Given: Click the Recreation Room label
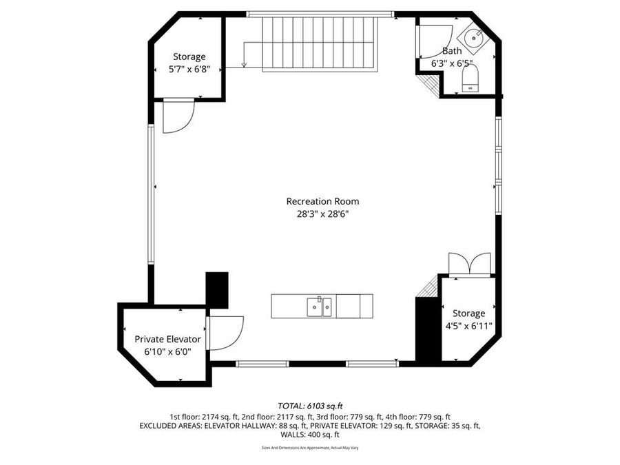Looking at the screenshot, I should click(322, 201).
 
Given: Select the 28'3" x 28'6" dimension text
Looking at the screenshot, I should click(322, 214).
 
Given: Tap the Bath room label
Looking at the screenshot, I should click(452, 51).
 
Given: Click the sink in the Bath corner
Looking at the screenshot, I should click(474, 38).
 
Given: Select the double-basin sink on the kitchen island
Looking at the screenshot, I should click(320, 304).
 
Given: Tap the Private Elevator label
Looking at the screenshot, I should click(167, 339).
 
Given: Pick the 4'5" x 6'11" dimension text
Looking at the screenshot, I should click(468, 326).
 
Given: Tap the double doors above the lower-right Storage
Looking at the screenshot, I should click(469, 265).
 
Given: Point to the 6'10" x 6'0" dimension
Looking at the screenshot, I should click(167, 351).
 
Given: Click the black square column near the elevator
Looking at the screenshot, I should click(217, 289).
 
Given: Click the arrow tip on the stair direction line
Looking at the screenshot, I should click(245, 66).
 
